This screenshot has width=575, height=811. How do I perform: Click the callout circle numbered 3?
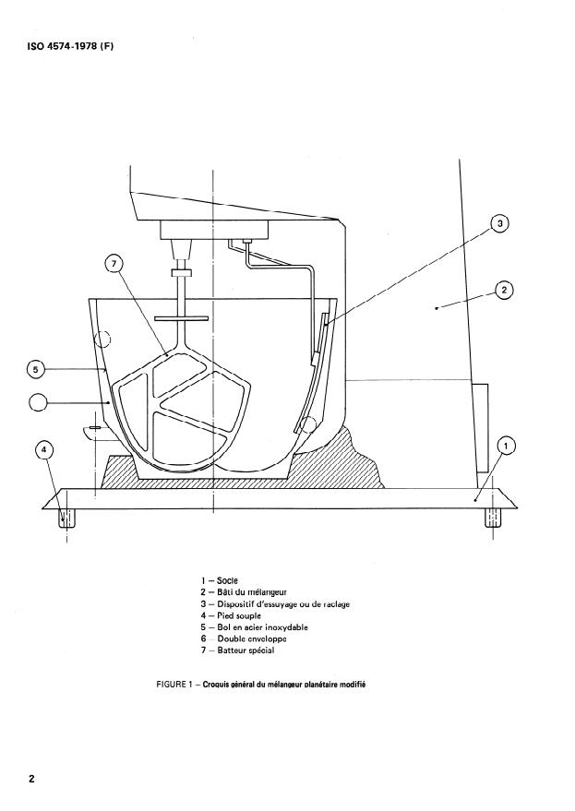[499, 223]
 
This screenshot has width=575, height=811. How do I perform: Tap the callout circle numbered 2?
[503, 290]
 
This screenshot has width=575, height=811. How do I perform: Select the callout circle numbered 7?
[114, 265]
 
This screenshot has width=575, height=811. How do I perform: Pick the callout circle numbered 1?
[505, 447]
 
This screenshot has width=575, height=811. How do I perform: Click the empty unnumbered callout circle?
[40, 402]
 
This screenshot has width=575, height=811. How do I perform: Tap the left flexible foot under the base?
[65, 519]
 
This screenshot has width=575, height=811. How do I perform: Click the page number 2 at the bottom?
[31, 779]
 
